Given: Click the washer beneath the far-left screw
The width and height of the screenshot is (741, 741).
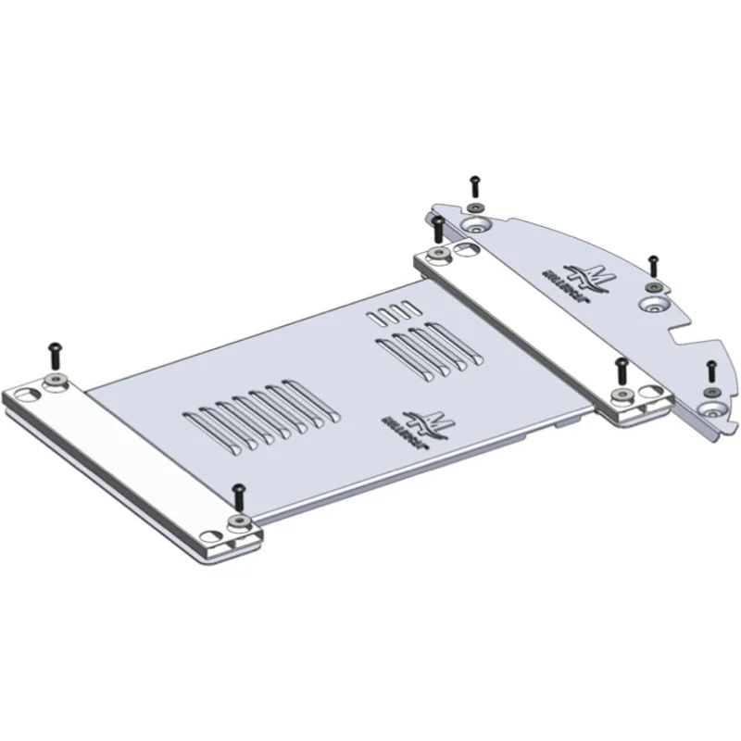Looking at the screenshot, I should [57, 381].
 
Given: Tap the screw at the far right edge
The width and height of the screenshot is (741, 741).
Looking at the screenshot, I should [710, 370].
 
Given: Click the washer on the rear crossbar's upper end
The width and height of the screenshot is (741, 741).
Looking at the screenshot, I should [437, 253].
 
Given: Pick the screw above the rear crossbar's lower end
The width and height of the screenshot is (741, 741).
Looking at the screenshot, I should [622, 370].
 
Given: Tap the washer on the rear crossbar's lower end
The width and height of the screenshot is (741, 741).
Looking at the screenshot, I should [620, 397].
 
